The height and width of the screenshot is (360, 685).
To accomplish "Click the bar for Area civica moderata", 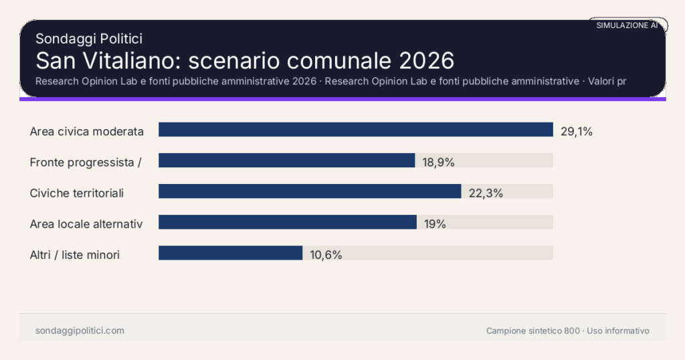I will pyautogui.click(x=355, y=130).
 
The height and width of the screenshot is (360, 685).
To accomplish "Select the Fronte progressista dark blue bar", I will pyautogui.click(x=286, y=161).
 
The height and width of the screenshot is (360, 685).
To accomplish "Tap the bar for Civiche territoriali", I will pyautogui.click(x=310, y=191).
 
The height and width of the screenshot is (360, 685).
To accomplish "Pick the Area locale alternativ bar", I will pyautogui.click(x=287, y=222).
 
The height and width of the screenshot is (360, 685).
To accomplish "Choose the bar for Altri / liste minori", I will pyautogui.click(x=230, y=253).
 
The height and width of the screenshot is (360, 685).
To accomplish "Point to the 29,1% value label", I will pyautogui.click(x=577, y=131).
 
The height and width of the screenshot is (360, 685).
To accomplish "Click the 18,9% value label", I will pyautogui.click(x=438, y=162).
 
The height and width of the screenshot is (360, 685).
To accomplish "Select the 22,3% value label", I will pyautogui.click(x=486, y=193).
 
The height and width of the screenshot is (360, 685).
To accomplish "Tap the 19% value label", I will pyautogui.click(x=435, y=223).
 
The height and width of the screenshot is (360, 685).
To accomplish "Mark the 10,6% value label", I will pyautogui.click(x=326, y=254).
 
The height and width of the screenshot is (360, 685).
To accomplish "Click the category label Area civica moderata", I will pyautogui.click(x=87, y=131).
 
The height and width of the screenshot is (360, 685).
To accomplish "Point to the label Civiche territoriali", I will pyautogui.click(x=77, y=193).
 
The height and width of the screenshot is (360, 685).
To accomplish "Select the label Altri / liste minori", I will pyautogui.click(x=75, y=254).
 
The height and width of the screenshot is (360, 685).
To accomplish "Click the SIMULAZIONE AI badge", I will pyautogui.click(x=627, y=25).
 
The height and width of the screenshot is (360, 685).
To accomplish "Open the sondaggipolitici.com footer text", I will pyautogui.click(x=80, y=331).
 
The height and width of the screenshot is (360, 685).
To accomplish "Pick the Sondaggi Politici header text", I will pyautogui.click(x=89, y=39).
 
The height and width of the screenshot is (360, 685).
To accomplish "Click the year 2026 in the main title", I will pyautogui.click(x=426, y=60).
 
